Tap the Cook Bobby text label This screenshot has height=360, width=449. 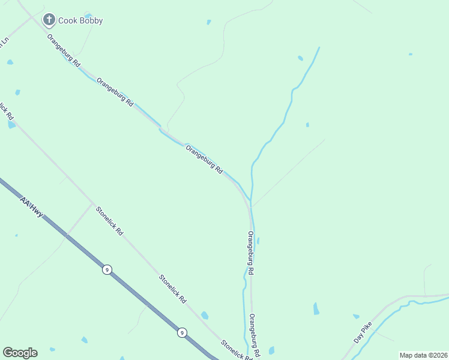[80, 21]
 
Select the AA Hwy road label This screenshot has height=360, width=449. [31, 207]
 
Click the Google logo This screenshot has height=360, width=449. [20, 353]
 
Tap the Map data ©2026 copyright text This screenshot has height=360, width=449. [423, 355]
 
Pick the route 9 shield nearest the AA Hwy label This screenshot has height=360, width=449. [106, 269]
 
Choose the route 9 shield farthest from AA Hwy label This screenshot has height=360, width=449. [181, 332]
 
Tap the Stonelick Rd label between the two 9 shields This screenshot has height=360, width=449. [173, 289]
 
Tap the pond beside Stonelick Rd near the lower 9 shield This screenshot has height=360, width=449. [205, 315]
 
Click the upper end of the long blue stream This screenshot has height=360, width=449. [319, 47]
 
